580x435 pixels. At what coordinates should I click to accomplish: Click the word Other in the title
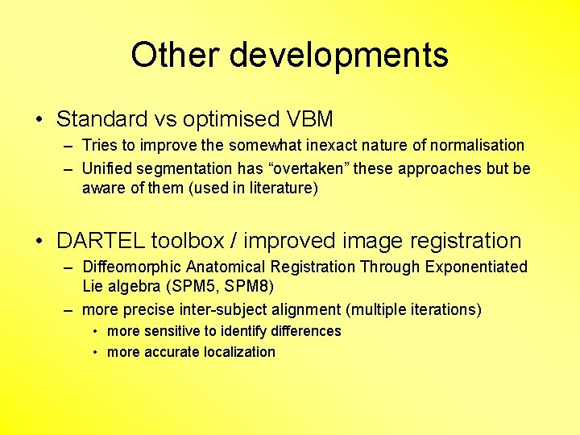click(175, 56)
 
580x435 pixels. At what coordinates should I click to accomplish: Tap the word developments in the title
click(338, 56)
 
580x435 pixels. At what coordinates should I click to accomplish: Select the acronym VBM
click(309, 119)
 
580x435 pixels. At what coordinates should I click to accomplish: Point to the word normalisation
click(477, 146)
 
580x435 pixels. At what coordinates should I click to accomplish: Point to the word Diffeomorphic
click(132, 267)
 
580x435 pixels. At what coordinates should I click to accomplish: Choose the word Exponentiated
click(480, 267)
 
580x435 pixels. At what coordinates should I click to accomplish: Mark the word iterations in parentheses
click(442, 309)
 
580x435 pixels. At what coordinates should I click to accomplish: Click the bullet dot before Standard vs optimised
click(39, 120)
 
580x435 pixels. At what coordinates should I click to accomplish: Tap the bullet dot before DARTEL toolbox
click(39, 241)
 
